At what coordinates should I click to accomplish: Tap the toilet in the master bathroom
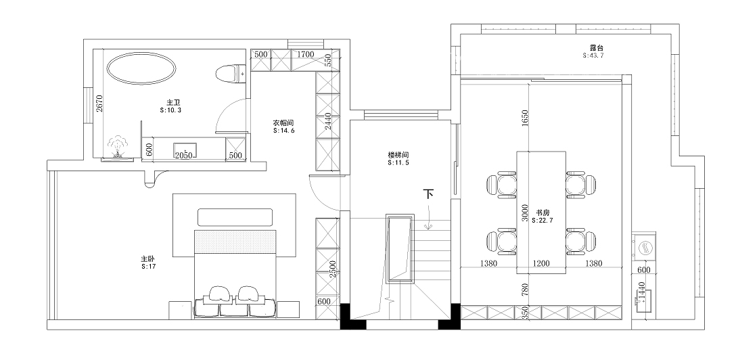pos(230,74)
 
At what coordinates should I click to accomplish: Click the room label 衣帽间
pos(284,123)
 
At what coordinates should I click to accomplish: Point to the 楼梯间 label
pos(398,155)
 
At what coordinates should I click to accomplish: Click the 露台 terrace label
pos(597,47)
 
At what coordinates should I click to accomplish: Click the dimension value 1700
pos(306,55)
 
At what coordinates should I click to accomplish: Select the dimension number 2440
pos(328,121)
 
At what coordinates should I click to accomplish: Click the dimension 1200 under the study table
pos(541,263)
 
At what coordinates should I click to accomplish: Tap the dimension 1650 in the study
pos(526,118)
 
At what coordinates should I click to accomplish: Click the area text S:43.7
pos(593,55)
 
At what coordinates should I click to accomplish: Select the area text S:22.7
pos(542,220)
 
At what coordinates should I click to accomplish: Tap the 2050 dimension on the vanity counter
pos(184,156)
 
